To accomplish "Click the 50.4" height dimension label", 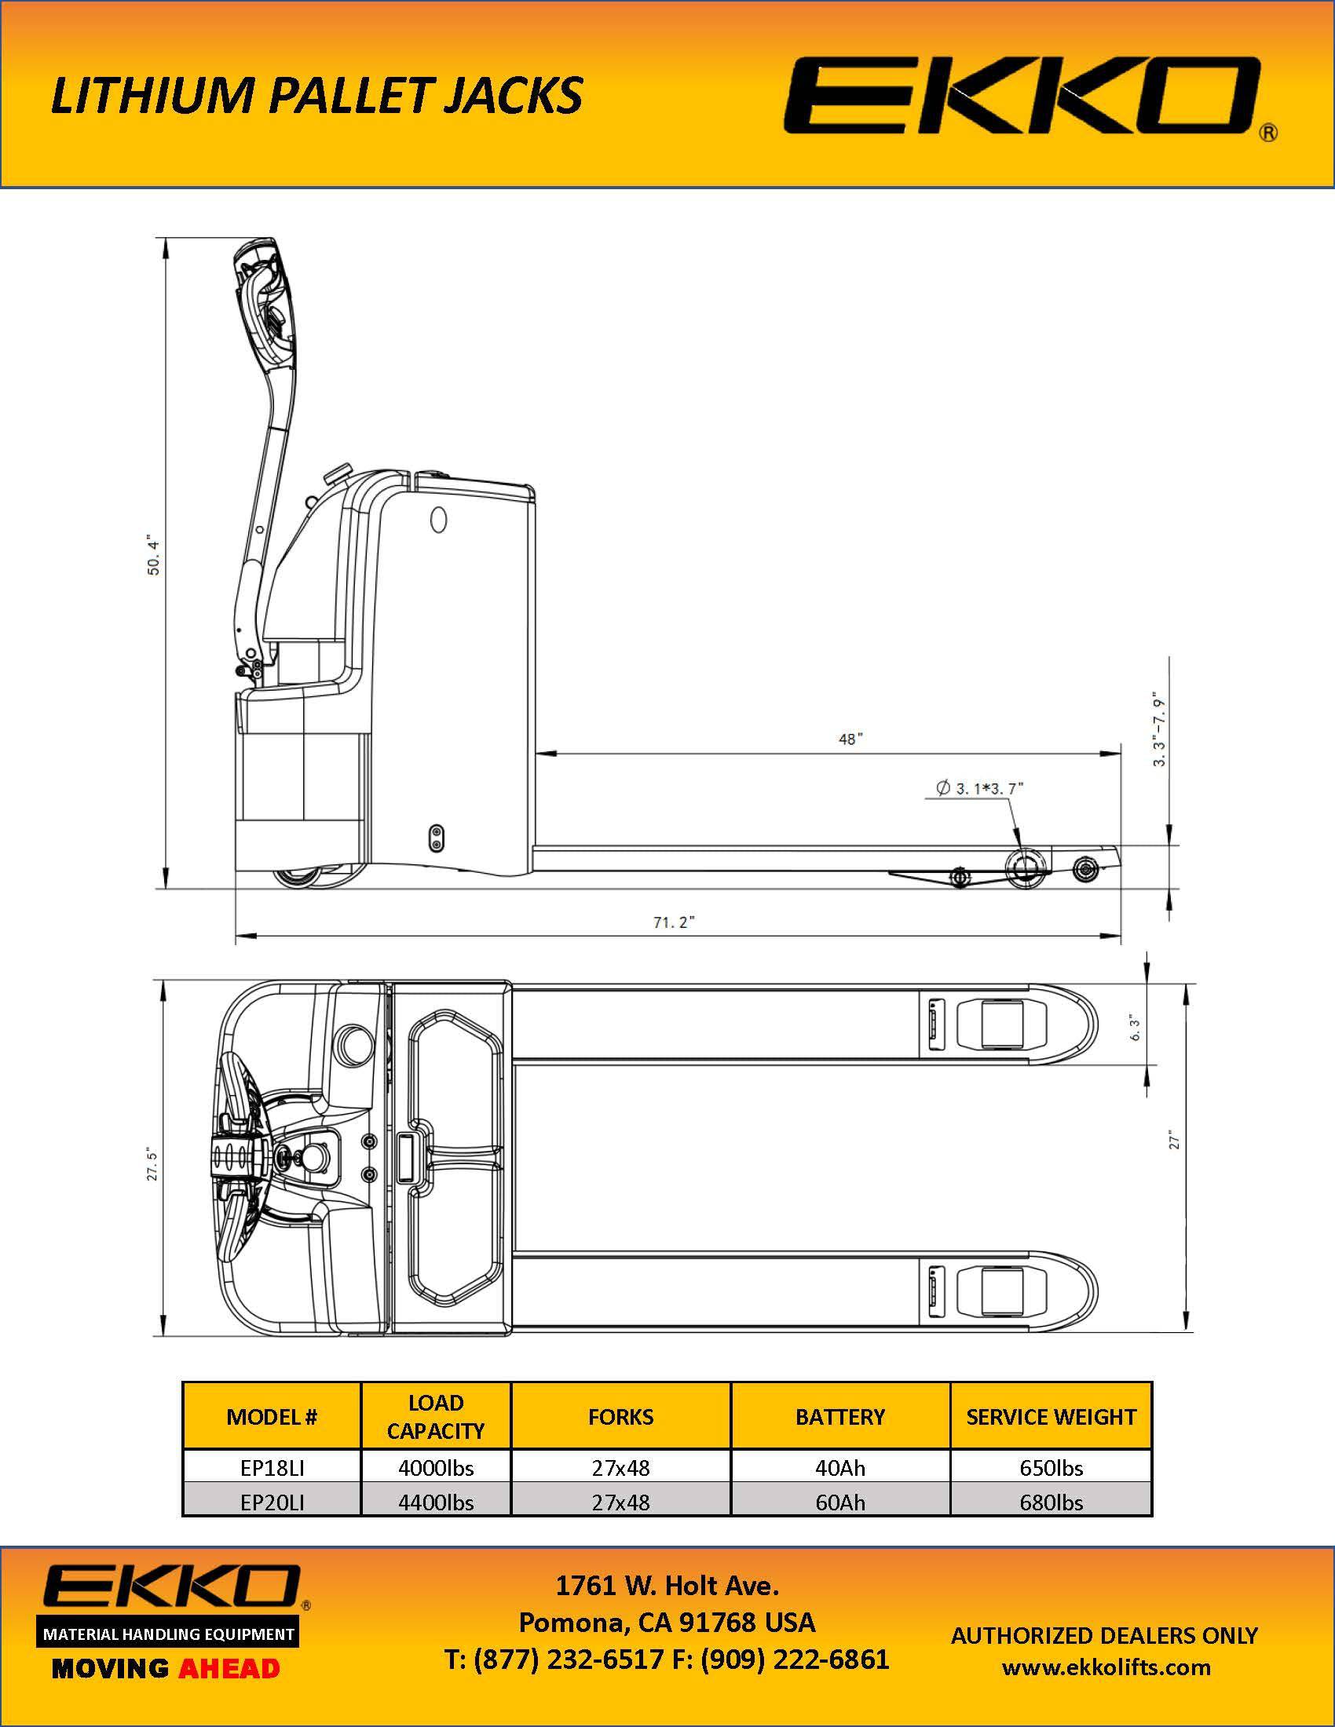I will pos(153,557).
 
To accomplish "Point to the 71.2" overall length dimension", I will pos(674,922).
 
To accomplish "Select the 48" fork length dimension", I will pos(850,739).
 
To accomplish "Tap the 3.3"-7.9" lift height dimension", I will pos(1158,731).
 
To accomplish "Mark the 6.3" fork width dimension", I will pos(1136,1027).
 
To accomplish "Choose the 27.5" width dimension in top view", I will pos(152,1164).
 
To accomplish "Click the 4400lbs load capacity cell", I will pos(436,1502).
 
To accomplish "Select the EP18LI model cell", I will pos(272,1468).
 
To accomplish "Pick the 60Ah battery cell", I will pos(840,1502).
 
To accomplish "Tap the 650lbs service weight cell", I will pos(1050,1468).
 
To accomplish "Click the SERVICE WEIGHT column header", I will pos(1050,1416).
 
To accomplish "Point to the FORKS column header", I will pos(620,1416).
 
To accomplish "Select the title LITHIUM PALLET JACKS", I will pos(316,95).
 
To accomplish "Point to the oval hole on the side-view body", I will pos(437,519).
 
